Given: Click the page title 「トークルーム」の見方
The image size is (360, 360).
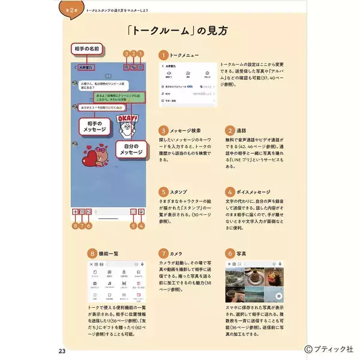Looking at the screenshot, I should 180,30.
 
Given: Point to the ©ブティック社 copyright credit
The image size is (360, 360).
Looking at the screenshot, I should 329,348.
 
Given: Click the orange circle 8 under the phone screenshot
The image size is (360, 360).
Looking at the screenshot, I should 74,226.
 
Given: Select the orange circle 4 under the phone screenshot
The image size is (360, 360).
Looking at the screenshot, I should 142,226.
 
